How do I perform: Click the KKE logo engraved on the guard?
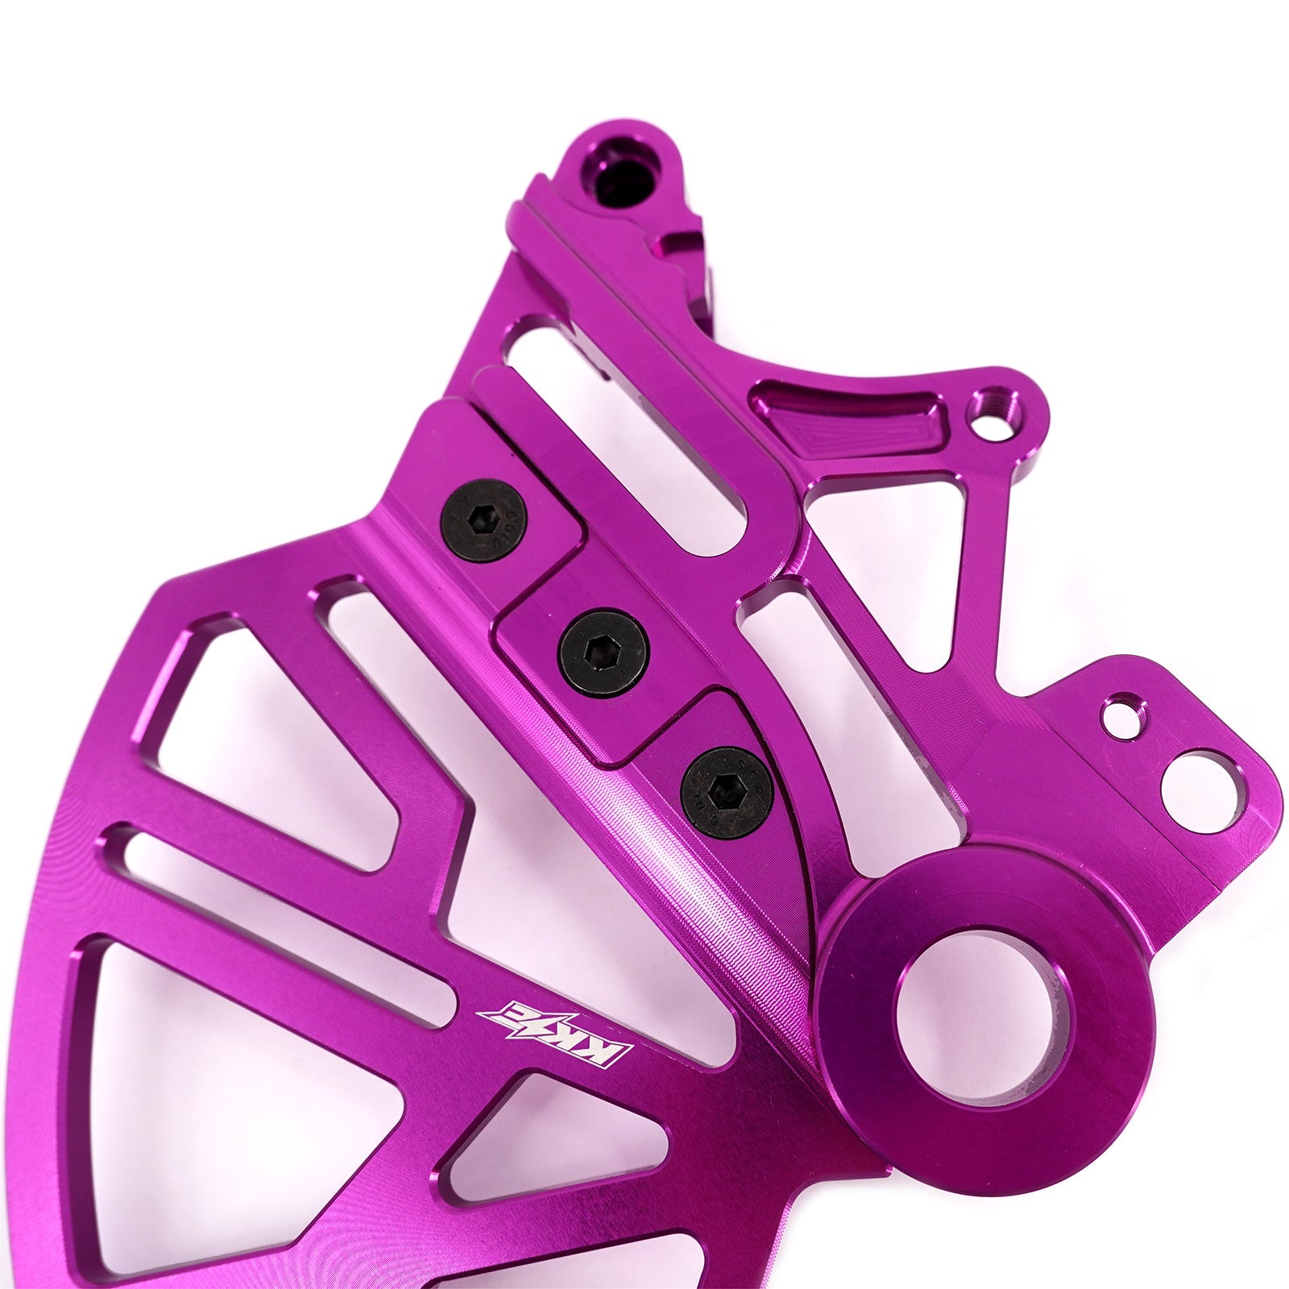pyautogui.click(x=556, y=1033)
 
